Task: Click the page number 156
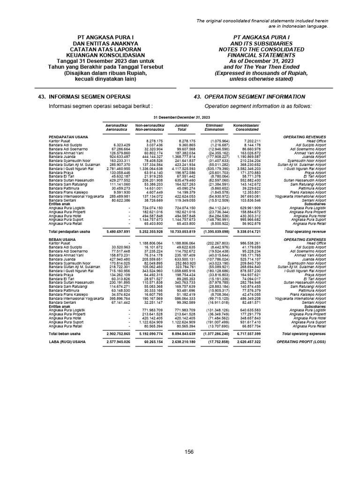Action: coord(189,451)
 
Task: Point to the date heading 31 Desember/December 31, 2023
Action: coord(182,117)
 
